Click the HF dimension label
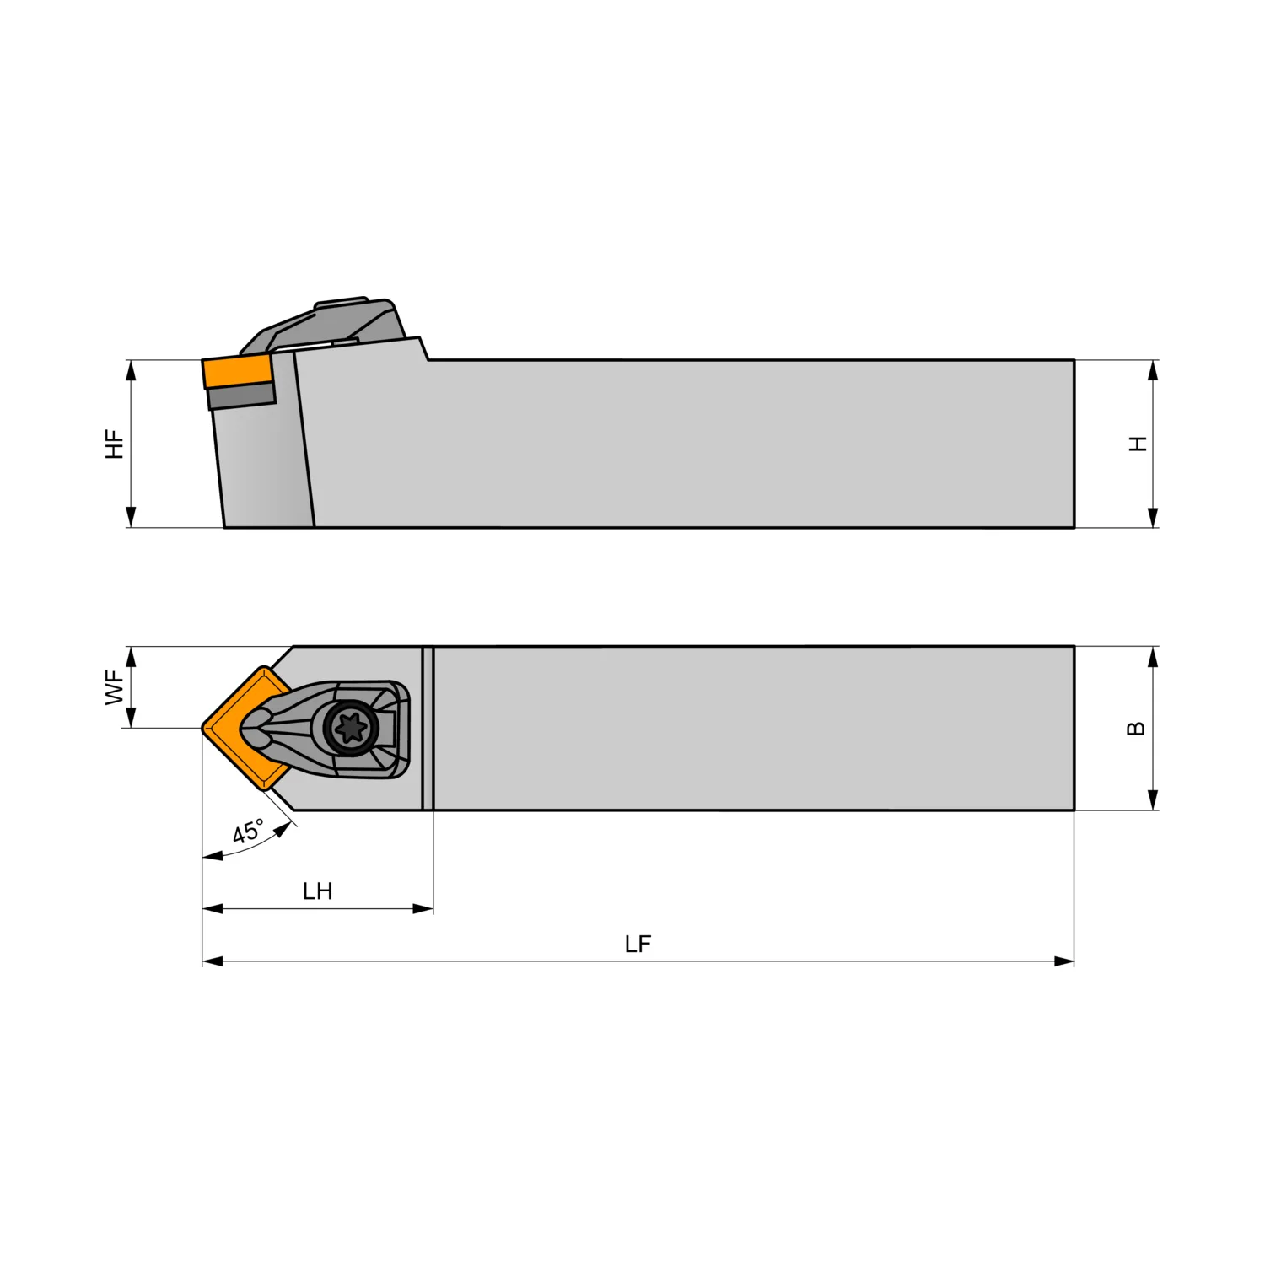115,444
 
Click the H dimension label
1138,444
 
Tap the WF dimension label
115,686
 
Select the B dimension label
1136,729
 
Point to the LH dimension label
318,891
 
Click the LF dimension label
638,945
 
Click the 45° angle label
248,832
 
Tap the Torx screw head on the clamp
350,727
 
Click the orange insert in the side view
237,371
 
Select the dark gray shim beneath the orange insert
242,396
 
